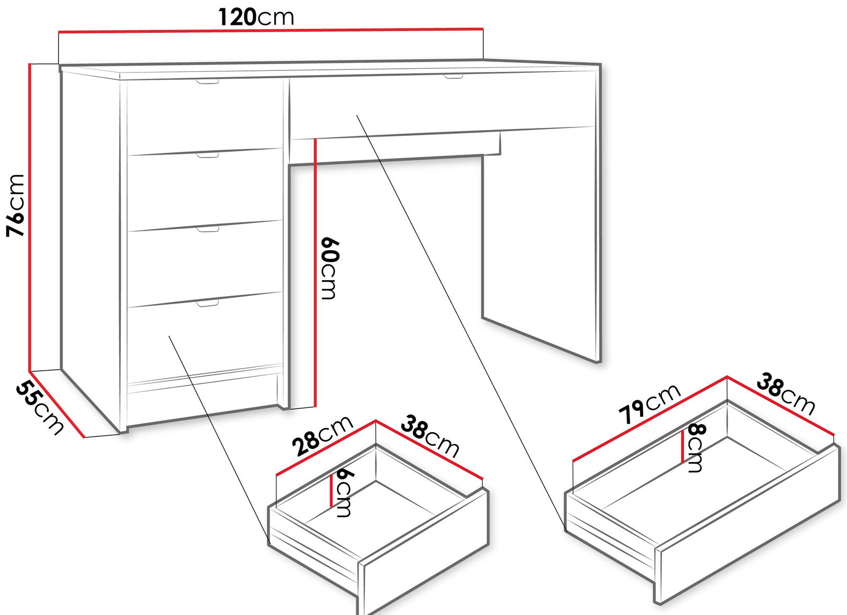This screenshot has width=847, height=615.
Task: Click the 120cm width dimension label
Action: tap(256, 17)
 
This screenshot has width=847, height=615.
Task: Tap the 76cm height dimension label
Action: tap(15, 206)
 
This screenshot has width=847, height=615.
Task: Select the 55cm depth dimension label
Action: tap(39, 408)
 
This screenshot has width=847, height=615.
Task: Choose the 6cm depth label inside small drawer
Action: tap(343, 493)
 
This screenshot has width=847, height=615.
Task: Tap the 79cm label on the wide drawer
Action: tap(649, 404)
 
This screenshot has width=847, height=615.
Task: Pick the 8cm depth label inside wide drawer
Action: tap(696, 448)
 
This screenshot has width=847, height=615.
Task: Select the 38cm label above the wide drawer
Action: tap(786, 394)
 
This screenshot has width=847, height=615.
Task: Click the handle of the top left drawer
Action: tap(208, 81)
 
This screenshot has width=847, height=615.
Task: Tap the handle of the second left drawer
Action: tap(208, 155)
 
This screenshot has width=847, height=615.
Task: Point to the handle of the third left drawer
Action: tap(208, 229)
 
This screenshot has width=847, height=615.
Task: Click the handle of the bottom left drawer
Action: tap(208, 303)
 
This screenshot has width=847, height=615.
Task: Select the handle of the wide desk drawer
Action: tap(453, 77)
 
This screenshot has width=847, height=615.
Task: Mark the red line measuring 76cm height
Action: tap(29, 217)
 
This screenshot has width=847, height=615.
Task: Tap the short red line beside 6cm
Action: tap(331, 490)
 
